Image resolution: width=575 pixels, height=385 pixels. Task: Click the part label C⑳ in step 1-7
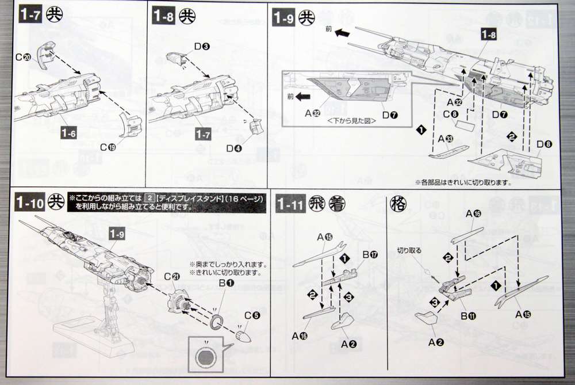pos(23,58)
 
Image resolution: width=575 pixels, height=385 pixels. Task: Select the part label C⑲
pos(108,147)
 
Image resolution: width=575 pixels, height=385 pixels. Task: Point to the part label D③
pos(201,46)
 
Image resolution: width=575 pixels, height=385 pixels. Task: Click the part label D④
pos(233,148)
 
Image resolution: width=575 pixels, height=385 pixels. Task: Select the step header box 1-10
pos(29,203)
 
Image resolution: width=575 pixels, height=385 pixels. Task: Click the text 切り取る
pos(410,251)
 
